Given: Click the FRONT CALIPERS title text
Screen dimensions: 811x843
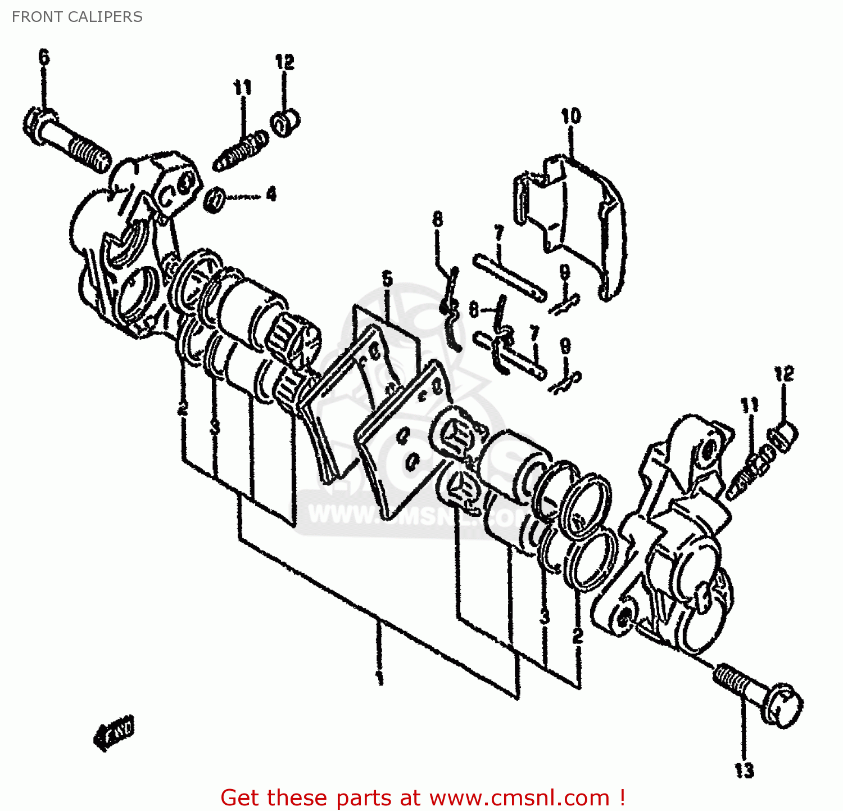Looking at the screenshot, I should [77, 17].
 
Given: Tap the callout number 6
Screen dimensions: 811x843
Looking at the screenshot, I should [44, 57].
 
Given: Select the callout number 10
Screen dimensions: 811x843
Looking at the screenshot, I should [570, 116].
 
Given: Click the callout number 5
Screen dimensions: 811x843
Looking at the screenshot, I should [387, 278].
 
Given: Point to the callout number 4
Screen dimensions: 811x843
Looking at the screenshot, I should [271, 195].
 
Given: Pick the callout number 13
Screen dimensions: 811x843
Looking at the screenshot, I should [744, 770].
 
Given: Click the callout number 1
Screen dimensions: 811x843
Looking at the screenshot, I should [380, 677].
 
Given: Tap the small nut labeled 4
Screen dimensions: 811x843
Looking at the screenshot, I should [215, 200].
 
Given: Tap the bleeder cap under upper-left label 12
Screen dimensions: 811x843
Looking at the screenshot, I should [285, 123].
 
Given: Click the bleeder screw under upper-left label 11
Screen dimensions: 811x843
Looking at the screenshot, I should [241, 150].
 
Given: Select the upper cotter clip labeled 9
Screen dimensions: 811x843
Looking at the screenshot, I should [564, 304].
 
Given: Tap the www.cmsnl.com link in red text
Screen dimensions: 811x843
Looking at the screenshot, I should [520, 798].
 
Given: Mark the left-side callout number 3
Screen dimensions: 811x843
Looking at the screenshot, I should [214, 427].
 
